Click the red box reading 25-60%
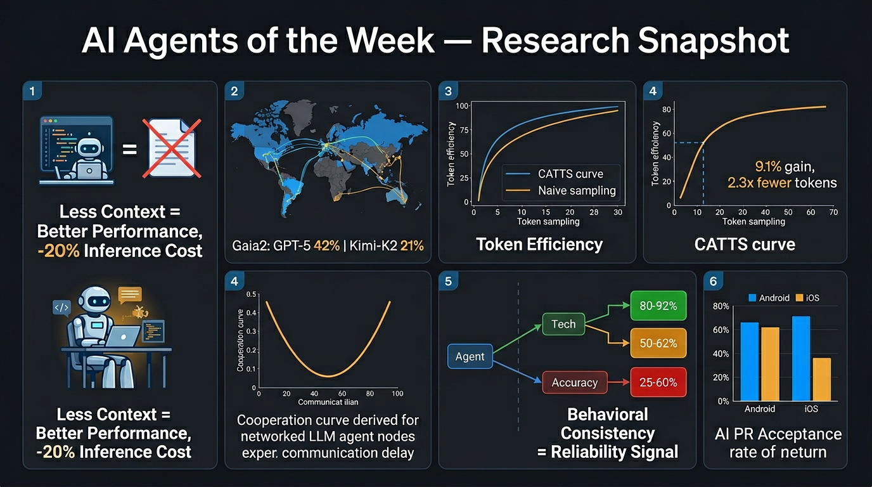coord(658,382)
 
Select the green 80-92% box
coord(658,306)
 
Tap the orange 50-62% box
coord(658,343)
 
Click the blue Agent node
coord(470,356)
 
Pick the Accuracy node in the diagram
coord(574,382)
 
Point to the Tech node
coord(563,325)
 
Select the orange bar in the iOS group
coord(821,379)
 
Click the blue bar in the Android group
coord(750,361)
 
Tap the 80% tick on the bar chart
coord(721,307)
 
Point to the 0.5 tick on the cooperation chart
coord(251,294)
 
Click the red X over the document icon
coord(172,147)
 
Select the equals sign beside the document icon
coord(129,150)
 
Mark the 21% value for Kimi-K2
coord(412,245)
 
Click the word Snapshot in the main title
coord(713,41)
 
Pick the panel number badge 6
coord(713,281)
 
